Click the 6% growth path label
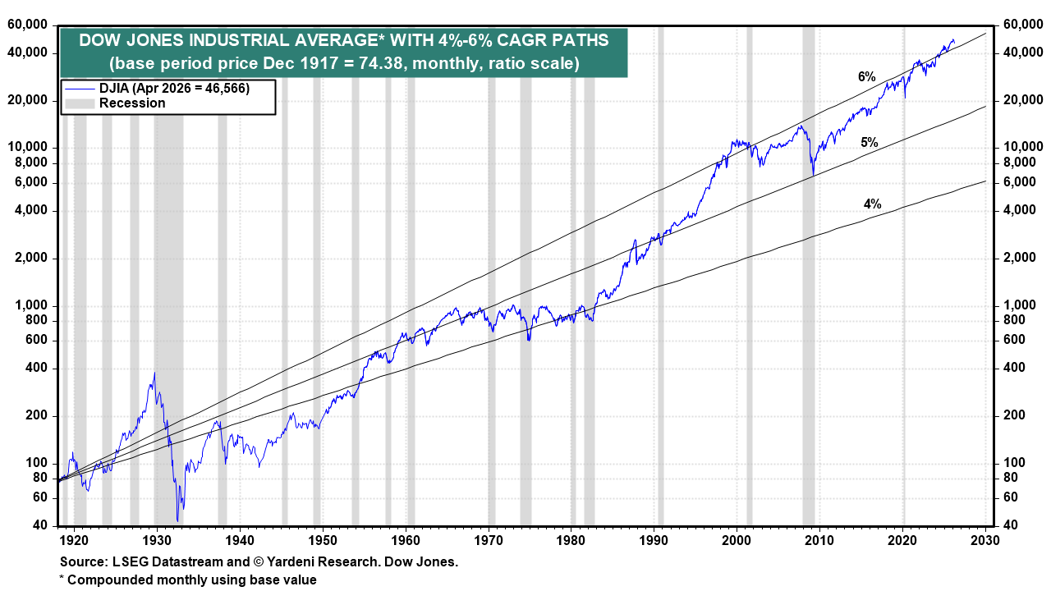pos(867,77)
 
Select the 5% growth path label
pos(870,143)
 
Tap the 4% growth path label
pos(872,204)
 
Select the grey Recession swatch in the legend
pos(80,103)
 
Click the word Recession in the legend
pos(132,103)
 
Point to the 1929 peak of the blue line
pos(154,373)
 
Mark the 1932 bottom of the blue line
pos(178,520)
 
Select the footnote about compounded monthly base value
pos(188,580)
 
